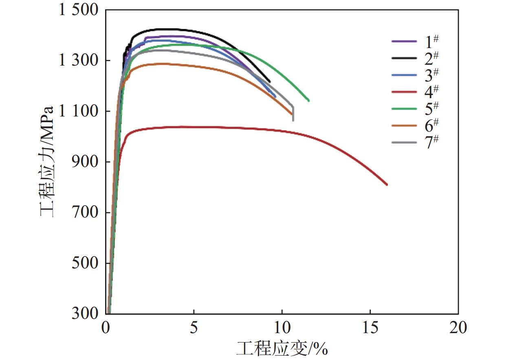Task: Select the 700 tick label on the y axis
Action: (87, 212)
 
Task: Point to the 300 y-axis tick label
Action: (87, 314)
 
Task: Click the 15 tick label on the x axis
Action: (370, 327)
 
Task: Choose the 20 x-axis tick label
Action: (458, 327)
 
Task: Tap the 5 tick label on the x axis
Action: (194, 327)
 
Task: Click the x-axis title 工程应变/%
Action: (282, 349)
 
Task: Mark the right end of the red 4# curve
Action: (387, 184)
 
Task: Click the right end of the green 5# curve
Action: (308, 101)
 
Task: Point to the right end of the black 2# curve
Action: (269, 81)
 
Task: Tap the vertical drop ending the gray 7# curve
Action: (293, 114)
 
